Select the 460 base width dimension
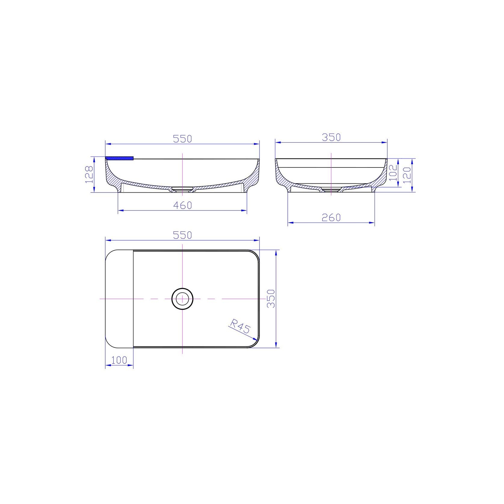(x=183, y=205)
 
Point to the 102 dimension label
(x=393, y=172)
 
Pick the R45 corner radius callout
(x=240, y=326)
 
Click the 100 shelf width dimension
(x=119, y=360)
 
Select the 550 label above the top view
(x=183, y=235)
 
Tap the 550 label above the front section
(x=183, y=139)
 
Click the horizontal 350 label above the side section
(x=331, y=137)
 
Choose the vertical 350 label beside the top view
(x=271, y=298)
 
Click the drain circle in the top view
(x=182, y=299)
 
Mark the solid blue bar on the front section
(x=119, y=158)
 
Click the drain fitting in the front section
(x=182, y=189)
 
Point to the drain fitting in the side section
(x=331, y=189)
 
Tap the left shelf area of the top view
(x=119, y=298)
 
